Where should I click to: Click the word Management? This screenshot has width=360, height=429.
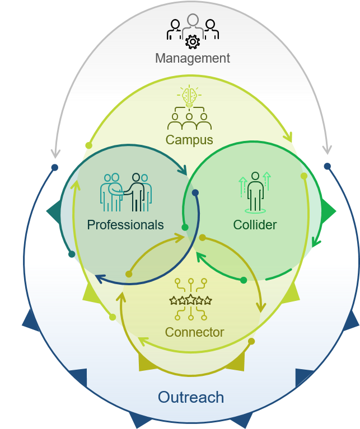(193, 58)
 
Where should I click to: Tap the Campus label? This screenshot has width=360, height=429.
(189, 139)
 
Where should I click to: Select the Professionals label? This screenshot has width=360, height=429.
(125, 225)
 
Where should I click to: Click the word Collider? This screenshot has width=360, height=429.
(255, 225)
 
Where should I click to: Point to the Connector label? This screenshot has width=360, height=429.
(194, 332)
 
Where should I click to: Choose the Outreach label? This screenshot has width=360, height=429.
(191, 398)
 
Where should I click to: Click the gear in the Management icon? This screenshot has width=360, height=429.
(193, 41)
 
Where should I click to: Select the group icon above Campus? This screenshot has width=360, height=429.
(189, 119)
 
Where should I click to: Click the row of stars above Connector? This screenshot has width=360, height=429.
(191, 300)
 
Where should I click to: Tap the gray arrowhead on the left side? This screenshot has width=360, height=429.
(55, 152)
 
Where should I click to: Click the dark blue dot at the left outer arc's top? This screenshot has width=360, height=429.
(54, 167)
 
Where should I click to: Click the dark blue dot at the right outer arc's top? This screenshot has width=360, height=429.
(327, 166)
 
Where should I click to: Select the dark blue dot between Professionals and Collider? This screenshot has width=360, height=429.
(195, 192)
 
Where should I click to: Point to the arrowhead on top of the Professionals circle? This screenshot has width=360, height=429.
(185, 168)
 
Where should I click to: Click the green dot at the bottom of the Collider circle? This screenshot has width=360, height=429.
(244, 280)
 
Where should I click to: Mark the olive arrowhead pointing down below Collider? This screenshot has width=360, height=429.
(260, 307)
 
